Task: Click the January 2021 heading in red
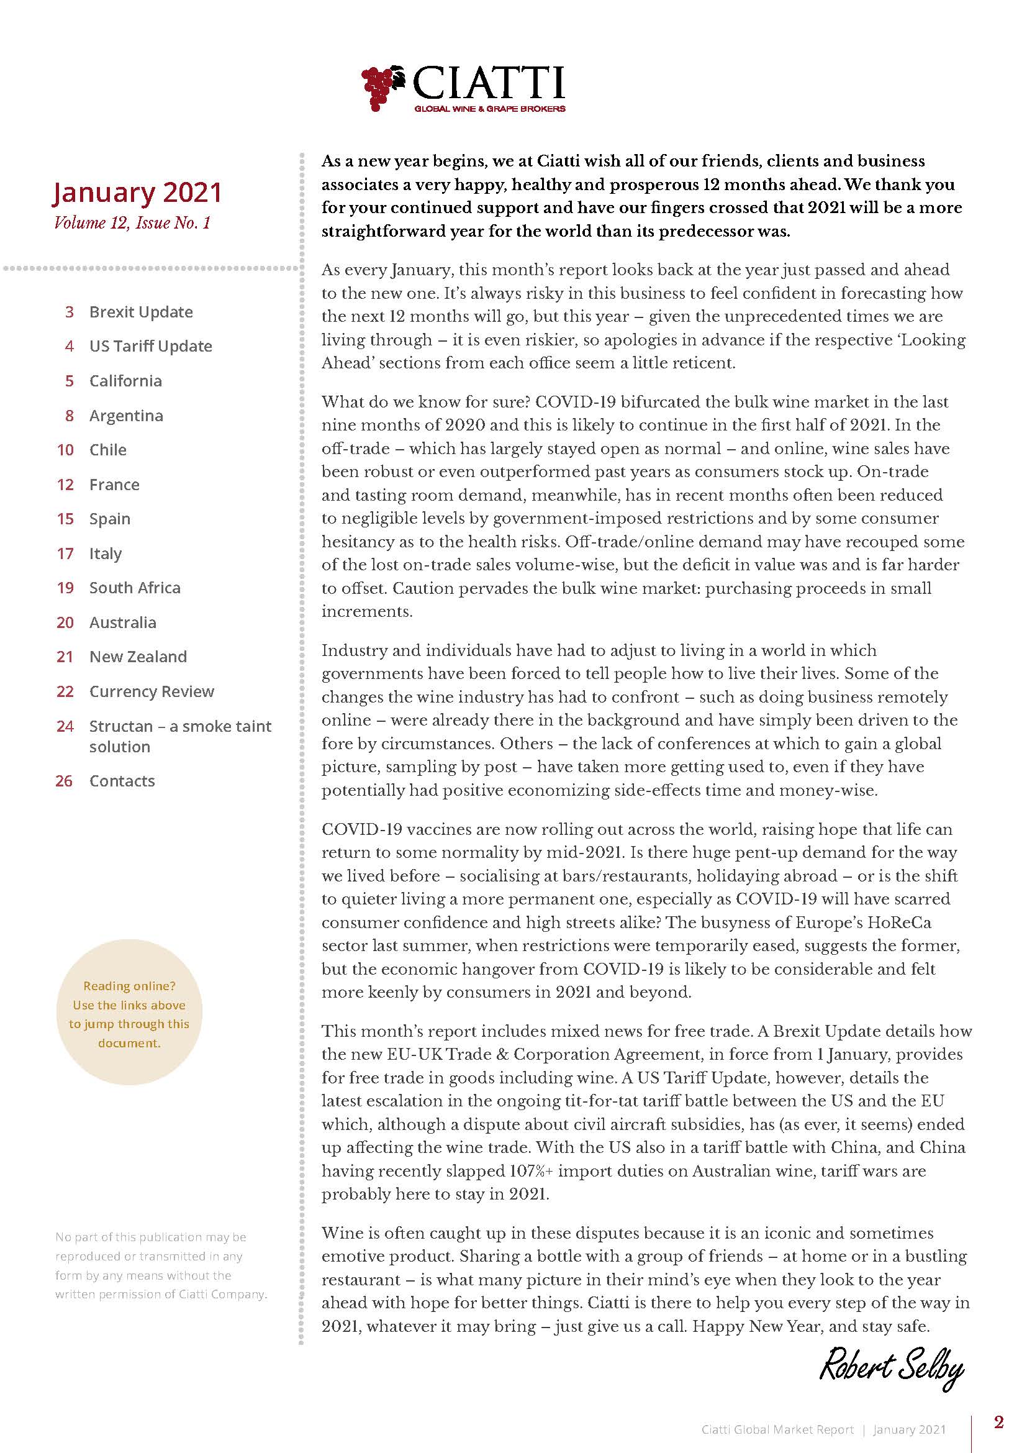[x=137, y=193]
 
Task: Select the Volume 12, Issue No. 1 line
[x=132, y=223]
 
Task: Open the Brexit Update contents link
[x=140, y=312]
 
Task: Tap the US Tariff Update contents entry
[x=150, y=346]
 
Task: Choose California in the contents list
[x=125, y=381]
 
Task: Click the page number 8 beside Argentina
[x=69, y=416]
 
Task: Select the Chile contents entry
[x=107, y=450]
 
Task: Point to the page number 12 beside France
[x=65, y=485]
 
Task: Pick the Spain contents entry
[x=109, y=519]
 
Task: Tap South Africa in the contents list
[x=134, y=588]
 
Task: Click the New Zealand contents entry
[x=138, y=657]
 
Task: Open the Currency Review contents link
[x=151, y=691]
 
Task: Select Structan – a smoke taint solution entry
[x=179, y=736]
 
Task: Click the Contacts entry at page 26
[x=122, y=781]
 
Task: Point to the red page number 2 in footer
[x=998, y=1422]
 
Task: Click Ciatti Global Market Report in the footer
[x=777, y=1429]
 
